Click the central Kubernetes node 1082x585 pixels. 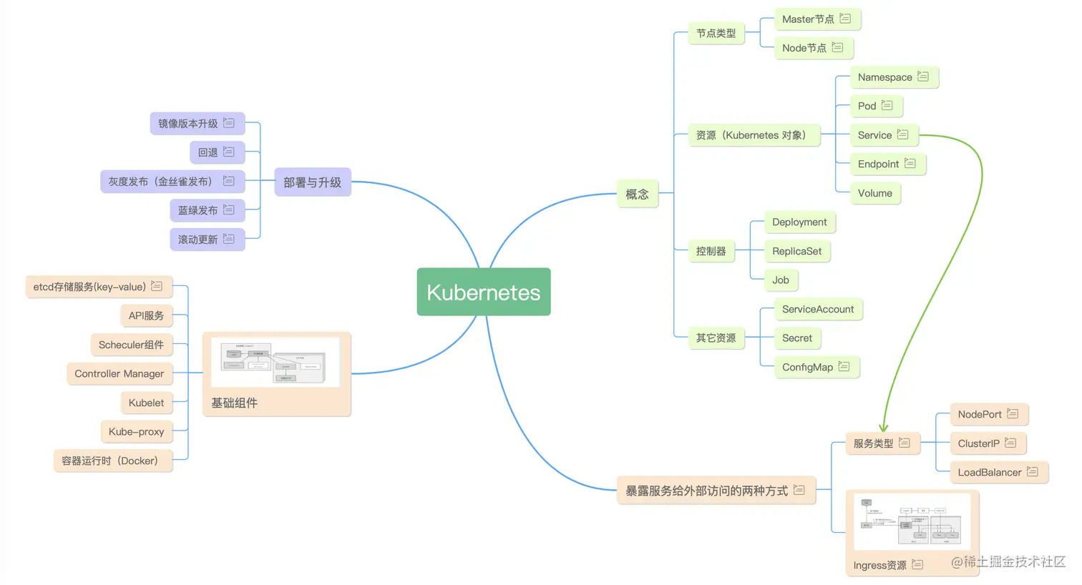click(x=483, y=292)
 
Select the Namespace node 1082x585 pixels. click(x=884, y=77)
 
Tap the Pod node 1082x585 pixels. click(x=867, y=106)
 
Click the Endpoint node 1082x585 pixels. click(x=878, y=164)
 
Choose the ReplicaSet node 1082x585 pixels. click(x=796, y=251)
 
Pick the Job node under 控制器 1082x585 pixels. click(x=780, y=280)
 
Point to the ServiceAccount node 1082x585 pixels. click(x=817, y=309)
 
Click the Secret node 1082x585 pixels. click(x=796, y=338)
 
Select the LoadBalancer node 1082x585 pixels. click(x=989, y=472)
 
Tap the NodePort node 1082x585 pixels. click(x=979, y=414)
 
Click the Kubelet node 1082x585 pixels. click(x=146, y=403)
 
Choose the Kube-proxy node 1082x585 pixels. click(x=136, y=431)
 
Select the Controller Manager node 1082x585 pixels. click(x=119, y=373)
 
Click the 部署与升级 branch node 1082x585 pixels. click(x=312, y=182)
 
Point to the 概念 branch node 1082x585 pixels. click(x=637, y=194)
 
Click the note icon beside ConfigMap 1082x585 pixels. click(x=844, y=366)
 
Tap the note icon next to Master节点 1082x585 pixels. click(x=845, y=19)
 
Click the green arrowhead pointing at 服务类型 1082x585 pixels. click(x=884, y=427)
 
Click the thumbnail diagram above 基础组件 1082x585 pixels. click(x=276, y=363)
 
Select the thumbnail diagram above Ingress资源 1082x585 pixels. click(x=912, y=521)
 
